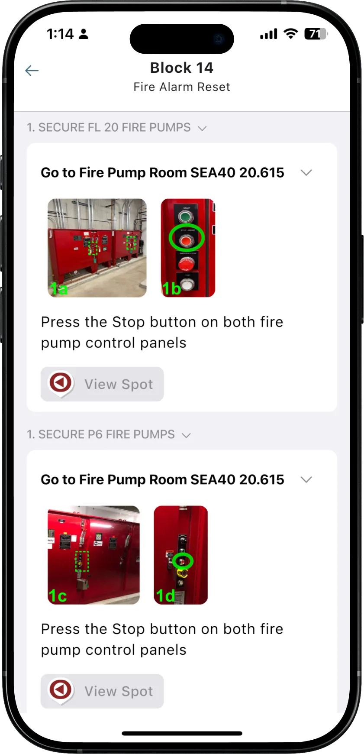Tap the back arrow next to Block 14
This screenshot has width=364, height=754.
(x=32, y=71)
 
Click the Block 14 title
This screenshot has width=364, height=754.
(x=181, y=68)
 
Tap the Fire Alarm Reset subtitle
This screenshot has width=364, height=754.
(x=181, y=87)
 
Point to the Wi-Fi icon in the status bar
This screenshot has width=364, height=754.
(x=291, y=34)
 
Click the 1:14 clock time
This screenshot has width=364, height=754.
(x=60, y=34)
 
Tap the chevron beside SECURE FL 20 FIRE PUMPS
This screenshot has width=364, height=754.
(x=202, y=128)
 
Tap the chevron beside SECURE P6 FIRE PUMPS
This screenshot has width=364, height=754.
(x=186, y=435)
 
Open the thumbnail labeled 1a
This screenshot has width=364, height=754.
(x=97, y=248)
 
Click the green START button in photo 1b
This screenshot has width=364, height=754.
(x=186, y=217)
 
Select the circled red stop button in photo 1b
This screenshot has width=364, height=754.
(x=186, y=239)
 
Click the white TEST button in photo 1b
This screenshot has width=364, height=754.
(x=187, y=285)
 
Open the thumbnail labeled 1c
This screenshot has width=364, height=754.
(x=93, y=555)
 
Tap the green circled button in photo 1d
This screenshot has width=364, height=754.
(x=183, y=561)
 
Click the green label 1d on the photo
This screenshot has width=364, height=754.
(x=165, y=596)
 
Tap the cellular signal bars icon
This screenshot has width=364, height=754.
(x=268, y=34)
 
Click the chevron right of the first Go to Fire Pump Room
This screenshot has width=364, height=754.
(x=306, y=173)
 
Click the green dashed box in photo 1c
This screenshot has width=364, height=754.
(x=82, y=561)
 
